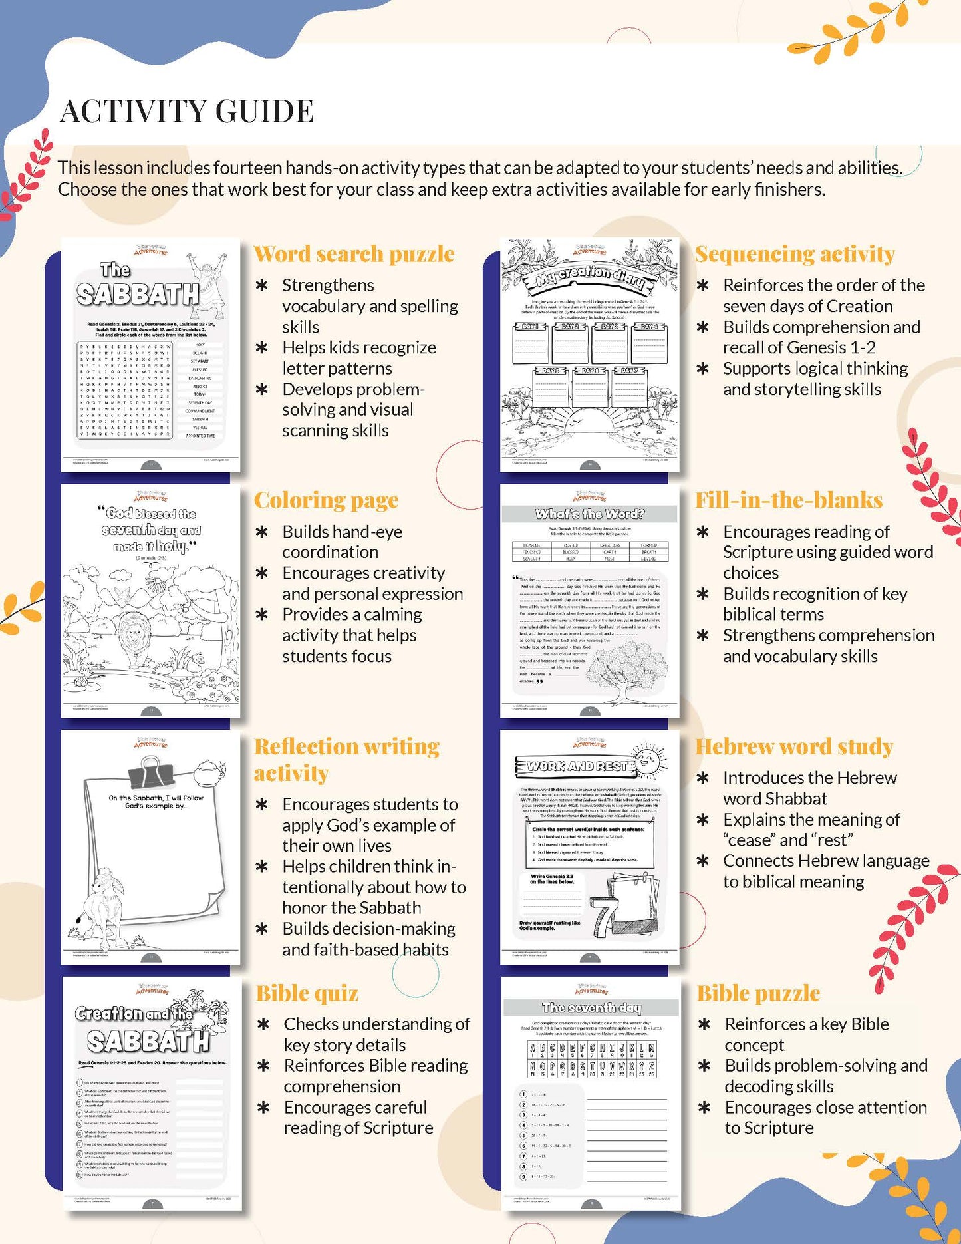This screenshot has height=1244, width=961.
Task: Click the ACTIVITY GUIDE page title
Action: point(186,111)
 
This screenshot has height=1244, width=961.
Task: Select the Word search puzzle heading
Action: point(354,254)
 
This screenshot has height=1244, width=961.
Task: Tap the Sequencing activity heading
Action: point(795,254)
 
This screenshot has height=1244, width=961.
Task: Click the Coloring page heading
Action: point(326,500)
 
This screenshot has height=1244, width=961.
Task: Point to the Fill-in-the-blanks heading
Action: point(789,500)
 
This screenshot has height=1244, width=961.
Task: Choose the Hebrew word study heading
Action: point(793,746)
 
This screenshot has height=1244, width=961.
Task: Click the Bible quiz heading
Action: point(307,993)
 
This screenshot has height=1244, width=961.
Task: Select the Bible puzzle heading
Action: point(758,993)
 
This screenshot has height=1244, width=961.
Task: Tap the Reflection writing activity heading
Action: point(346,760)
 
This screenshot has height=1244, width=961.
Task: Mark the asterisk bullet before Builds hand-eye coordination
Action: point(262,532)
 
